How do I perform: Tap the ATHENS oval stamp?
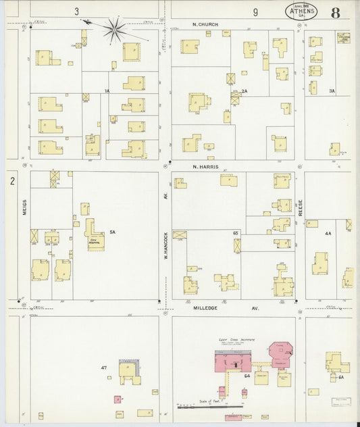point(303,13)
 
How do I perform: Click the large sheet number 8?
point(335,13)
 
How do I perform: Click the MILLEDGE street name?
point(209,307)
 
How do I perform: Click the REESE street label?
point(300,208)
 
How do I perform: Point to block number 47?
point(103,369)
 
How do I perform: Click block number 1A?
point(107,91)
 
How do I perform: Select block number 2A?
point(245,91)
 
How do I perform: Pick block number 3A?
point(332,91)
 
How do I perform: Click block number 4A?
point(328,233)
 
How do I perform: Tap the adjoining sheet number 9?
point(255,11)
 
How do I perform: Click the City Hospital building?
point(95,236)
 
